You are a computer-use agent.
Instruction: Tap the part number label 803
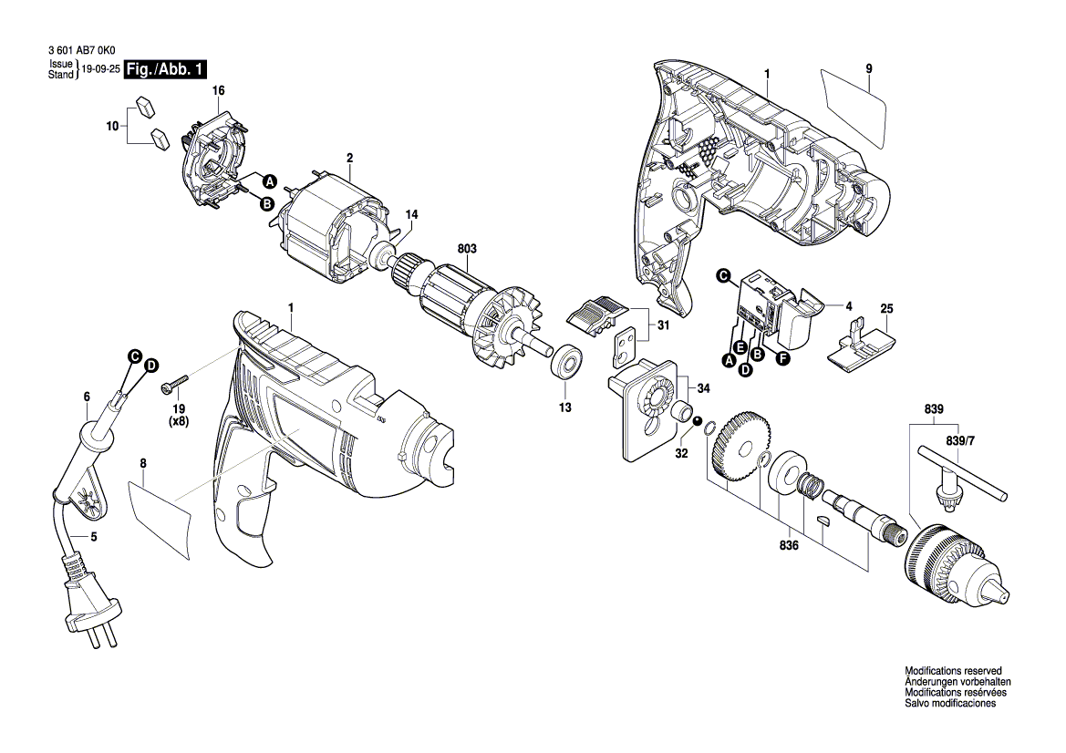467,248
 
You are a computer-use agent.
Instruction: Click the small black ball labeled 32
698,421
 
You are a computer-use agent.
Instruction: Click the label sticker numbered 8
162,520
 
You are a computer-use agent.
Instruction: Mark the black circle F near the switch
781,359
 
